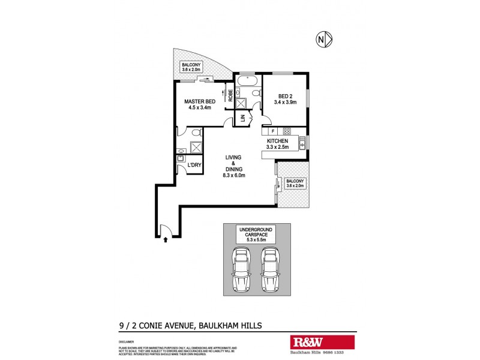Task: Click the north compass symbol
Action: pos(324,40)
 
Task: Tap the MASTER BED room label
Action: pos(199,105)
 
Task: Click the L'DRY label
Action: pos(194,165)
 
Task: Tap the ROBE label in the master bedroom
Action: pos(229,96)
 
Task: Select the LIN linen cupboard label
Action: pos(243,119)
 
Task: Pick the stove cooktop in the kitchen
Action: pos(287,131)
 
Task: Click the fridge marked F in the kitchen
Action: pos(273,131)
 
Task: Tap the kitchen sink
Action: pos(302,143)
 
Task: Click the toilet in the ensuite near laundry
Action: pos(196,133)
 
